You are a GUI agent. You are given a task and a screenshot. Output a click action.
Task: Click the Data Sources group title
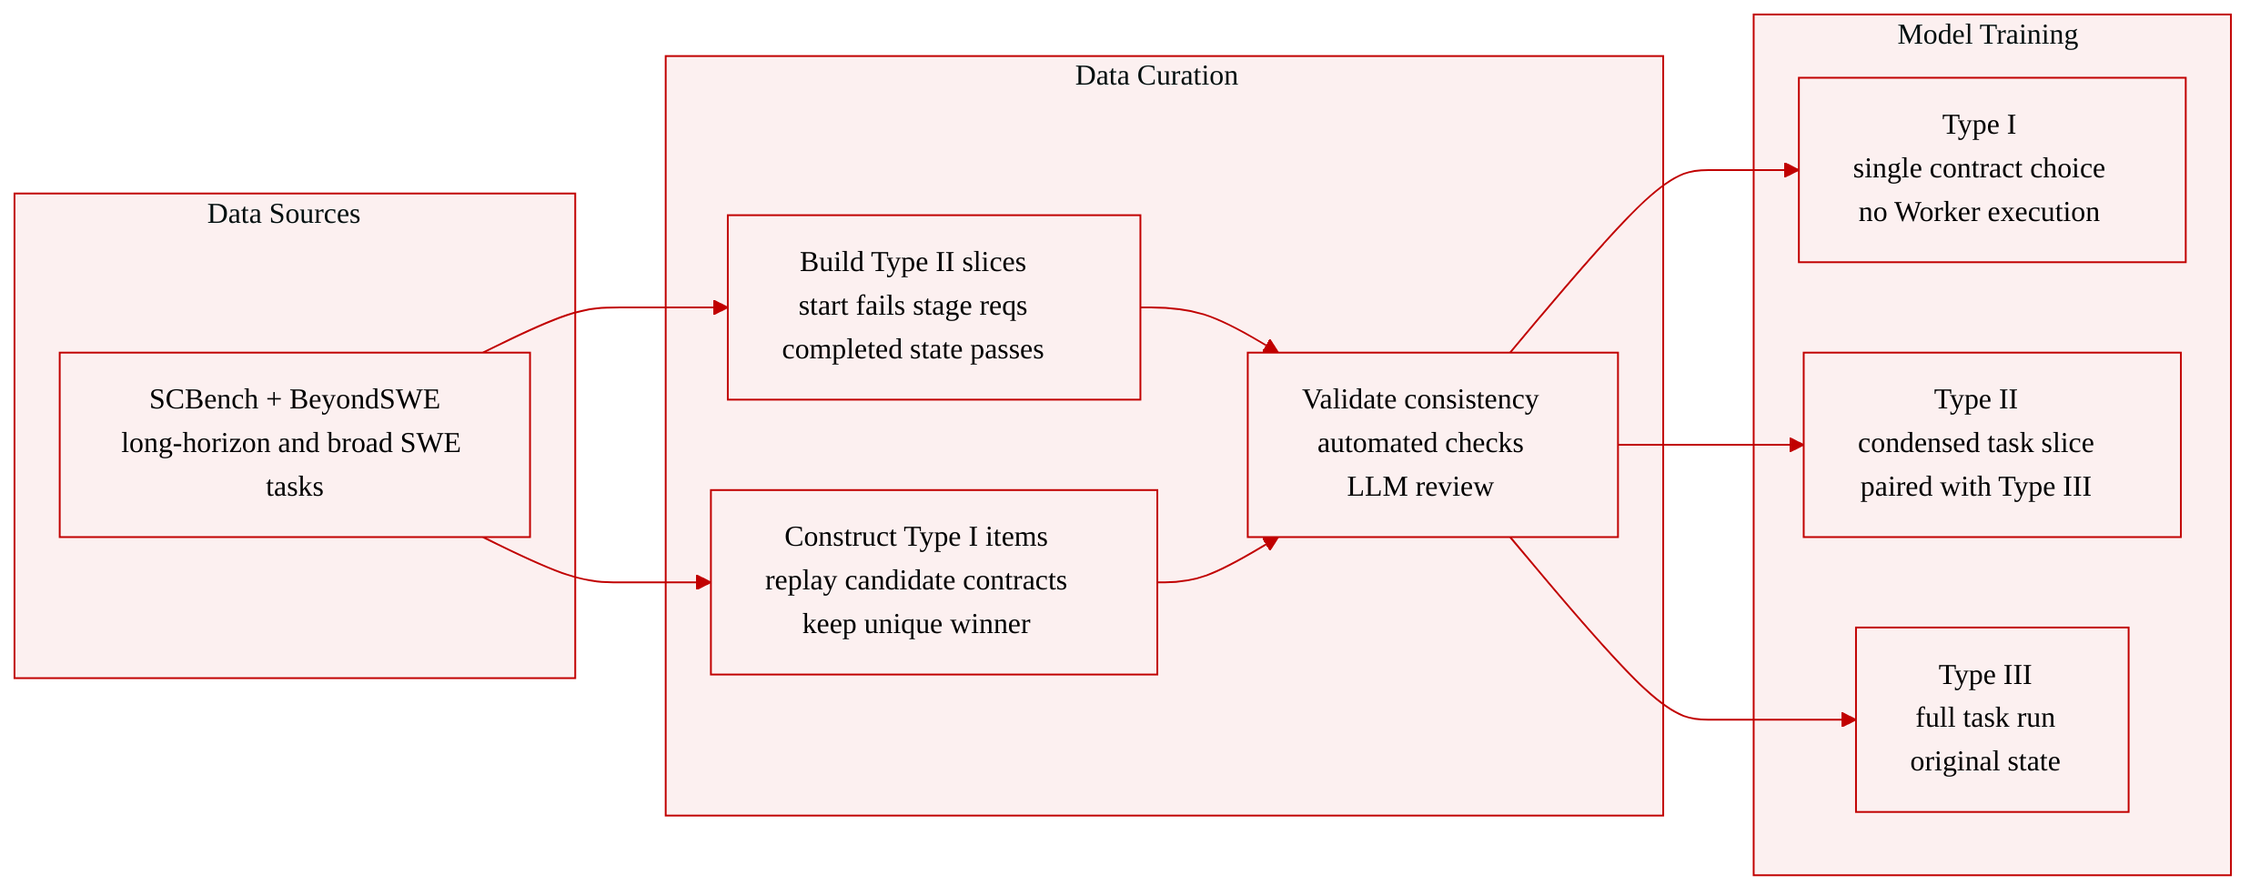[284, 214]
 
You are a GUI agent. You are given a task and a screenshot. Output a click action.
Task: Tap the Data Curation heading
[1156, 75]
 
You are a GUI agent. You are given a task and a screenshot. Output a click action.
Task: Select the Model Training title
[1988, 35]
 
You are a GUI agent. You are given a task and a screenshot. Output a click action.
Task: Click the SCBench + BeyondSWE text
[295, 399]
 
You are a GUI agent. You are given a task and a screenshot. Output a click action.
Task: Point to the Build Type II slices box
[933, 307]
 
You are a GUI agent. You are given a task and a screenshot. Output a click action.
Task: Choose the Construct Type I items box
[933, 582]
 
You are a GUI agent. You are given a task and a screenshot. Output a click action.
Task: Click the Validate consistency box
[1432, 445]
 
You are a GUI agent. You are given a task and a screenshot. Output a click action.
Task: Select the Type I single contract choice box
[1992, 170]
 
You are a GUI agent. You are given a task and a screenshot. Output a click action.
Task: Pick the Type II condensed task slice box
[1992, 445]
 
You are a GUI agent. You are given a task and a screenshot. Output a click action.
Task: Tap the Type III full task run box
[1992, 719]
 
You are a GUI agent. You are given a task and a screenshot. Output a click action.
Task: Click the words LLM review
[1420, 487]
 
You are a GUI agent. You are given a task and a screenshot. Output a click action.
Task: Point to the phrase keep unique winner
[916, 624]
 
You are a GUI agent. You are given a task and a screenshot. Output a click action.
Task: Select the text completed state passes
[913, 349]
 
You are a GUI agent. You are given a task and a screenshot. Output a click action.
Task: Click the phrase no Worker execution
[1979, 212]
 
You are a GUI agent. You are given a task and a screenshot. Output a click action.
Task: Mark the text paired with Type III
[1975, 487]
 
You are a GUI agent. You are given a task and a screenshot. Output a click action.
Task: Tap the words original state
[1985, 761]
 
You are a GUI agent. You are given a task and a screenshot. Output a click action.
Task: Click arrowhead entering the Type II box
[1796, 445]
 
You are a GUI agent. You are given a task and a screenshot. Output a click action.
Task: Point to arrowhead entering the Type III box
[1849, 719]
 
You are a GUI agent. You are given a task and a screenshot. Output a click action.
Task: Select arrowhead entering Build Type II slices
[721, 307]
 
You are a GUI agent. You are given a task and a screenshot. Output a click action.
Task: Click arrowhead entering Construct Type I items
[703, 582]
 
